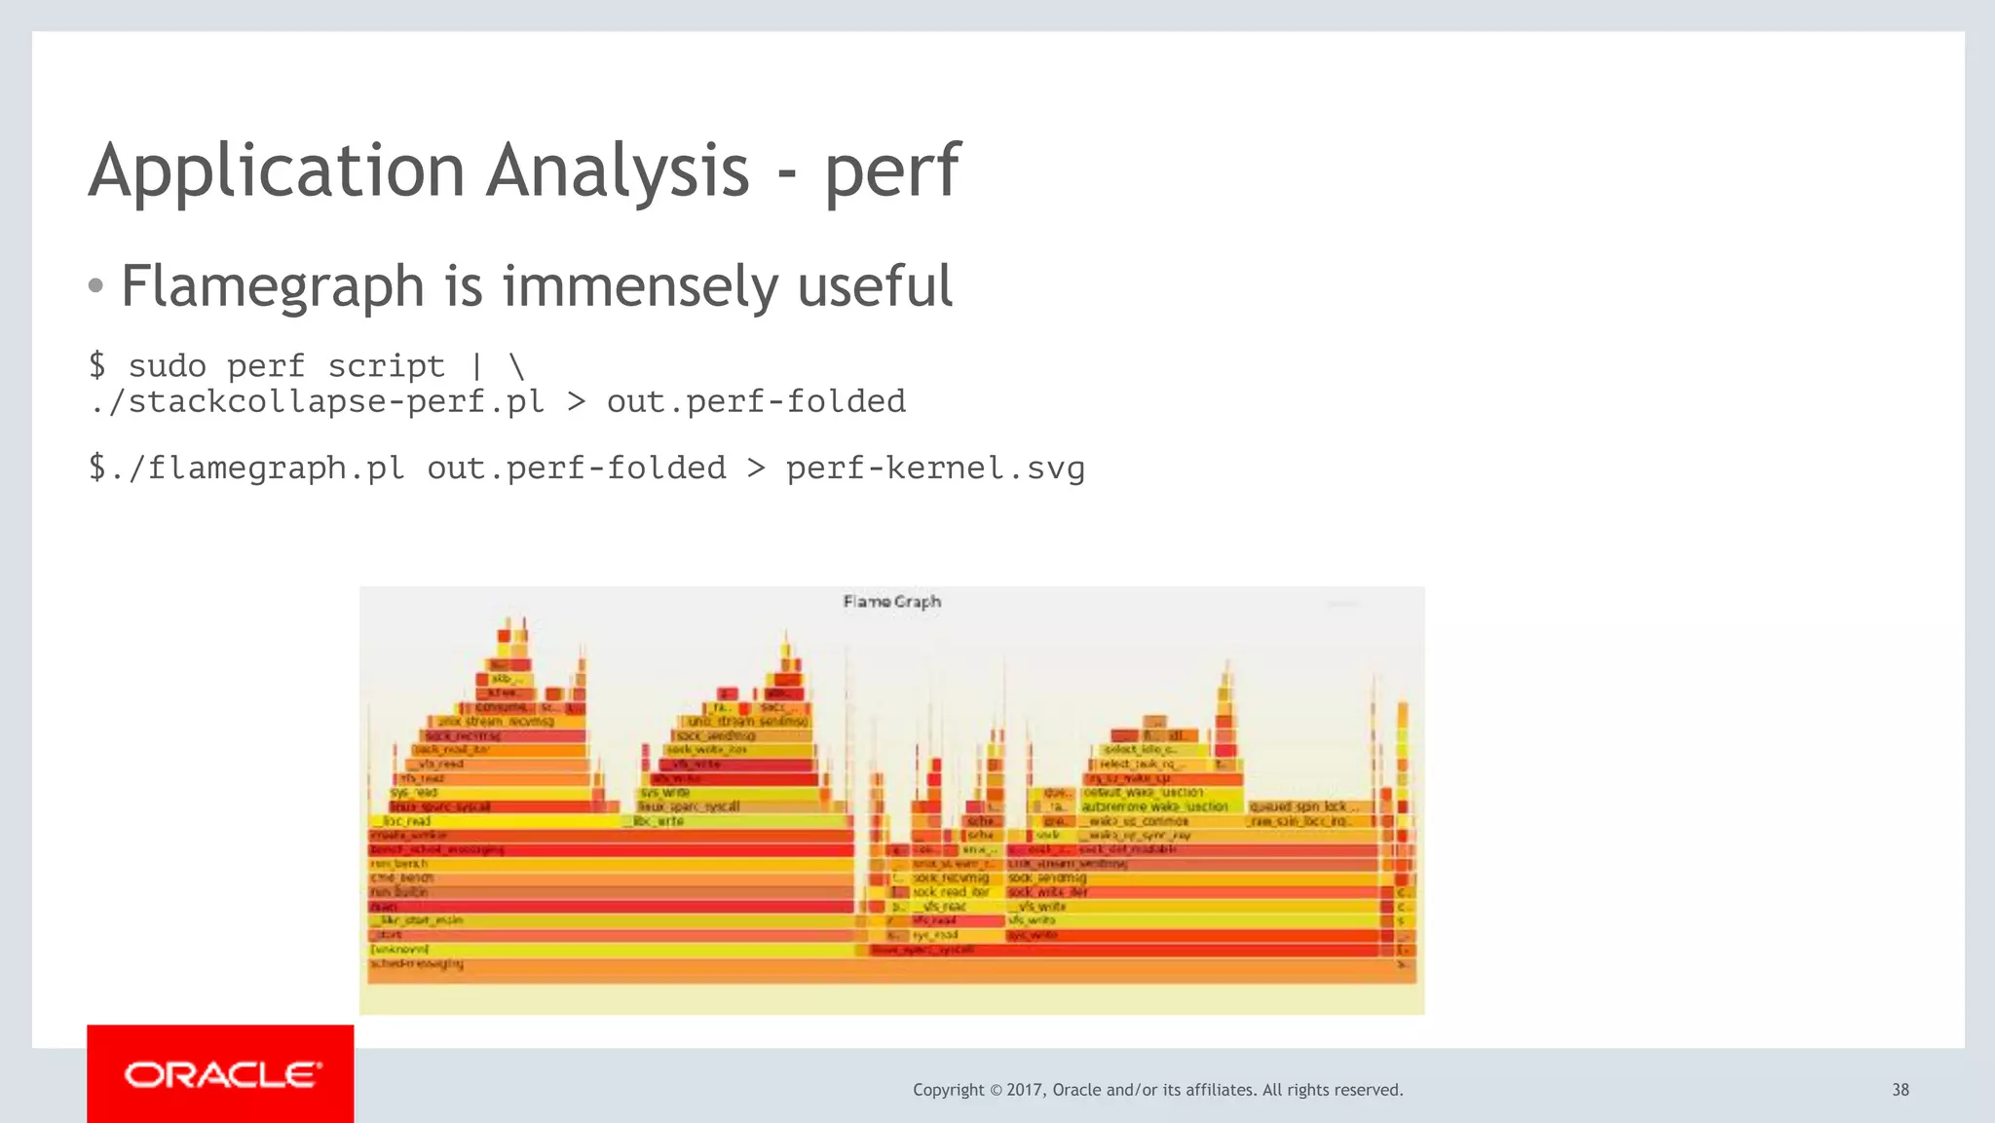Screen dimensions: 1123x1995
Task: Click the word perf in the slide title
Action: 891,171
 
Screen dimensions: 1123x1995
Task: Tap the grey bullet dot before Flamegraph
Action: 95,286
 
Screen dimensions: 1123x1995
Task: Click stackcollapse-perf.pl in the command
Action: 317,401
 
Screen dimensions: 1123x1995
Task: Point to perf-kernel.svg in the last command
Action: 934,468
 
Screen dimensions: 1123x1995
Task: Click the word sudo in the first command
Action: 167,366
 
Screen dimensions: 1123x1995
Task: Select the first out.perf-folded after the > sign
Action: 756,401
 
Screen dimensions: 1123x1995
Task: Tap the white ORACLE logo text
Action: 221,1075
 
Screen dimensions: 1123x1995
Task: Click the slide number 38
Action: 1900,1090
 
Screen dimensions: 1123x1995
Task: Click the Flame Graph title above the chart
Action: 891,602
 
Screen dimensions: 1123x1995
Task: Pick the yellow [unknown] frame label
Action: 399,949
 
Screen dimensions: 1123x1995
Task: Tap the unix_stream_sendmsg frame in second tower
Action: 747,722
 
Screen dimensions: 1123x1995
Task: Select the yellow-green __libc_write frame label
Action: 659,821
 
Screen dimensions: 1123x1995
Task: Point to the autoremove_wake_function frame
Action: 1155,806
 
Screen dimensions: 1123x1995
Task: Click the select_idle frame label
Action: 1140,750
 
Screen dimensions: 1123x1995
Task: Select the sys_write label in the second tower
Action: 664,793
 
